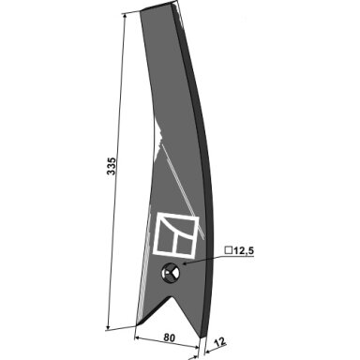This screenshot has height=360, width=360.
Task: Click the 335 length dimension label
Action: [x=112, y=166]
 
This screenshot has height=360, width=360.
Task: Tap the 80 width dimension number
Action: [x=169, y=337]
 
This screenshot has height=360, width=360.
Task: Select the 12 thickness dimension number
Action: [x=220, y=342]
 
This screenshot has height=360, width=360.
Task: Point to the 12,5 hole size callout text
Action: [x=244, y=250]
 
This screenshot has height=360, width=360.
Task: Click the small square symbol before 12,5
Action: [x=229, y=250]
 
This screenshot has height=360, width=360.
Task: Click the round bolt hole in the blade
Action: [x=171, y=273]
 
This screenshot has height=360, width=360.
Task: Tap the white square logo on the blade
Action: [x=175, y=235]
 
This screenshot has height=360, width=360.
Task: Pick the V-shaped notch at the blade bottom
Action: [x=172, y=312]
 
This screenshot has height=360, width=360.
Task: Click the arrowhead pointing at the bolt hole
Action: [x=185, y=264]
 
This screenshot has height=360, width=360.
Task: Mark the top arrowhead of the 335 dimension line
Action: [x=125, y=16]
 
